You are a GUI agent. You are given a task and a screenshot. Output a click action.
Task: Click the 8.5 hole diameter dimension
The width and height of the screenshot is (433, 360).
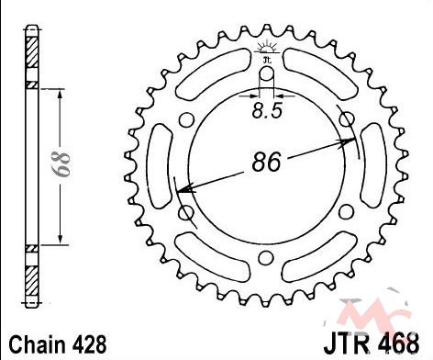pos(267,111)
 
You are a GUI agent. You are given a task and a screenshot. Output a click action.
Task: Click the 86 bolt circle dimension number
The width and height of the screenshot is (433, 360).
pos(266,162)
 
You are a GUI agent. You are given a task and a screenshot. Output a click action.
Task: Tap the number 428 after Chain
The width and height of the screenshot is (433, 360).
pos(90,344)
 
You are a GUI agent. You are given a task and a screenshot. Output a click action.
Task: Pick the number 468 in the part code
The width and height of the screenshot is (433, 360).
pos(401,344)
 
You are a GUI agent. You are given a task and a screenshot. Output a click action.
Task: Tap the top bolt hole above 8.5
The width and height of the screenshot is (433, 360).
pos(267,73)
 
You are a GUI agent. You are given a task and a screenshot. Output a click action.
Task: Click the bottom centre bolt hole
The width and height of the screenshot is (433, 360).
pos(266,258)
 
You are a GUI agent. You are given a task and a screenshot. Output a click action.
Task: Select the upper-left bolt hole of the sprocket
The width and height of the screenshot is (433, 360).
pos(186,119)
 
